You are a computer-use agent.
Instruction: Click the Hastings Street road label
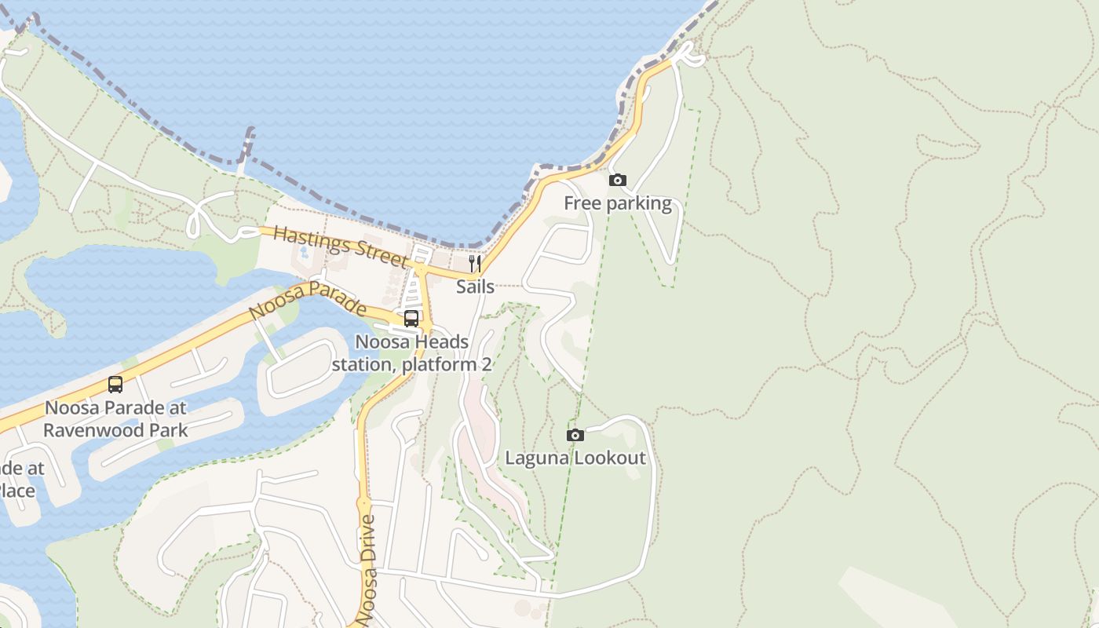(341, 246)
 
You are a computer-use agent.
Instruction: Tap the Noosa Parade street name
(307, 299)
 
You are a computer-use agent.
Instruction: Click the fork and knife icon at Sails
(475, 263)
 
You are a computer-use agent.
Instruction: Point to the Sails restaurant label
(476, 287)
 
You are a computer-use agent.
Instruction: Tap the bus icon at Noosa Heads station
(411, 319)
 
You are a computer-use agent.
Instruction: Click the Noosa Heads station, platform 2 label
(411, 353)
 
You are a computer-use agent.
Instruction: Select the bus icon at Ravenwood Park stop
(115, 385)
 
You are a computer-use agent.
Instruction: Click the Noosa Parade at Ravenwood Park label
(115, 419)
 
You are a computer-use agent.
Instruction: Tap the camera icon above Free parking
(618, 181)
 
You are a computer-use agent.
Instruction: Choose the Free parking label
(618, 204)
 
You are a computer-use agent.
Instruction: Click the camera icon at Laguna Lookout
(575, 435)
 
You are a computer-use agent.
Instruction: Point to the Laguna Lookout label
(575, 458)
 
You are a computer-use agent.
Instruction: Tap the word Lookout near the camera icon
(612, 458)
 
